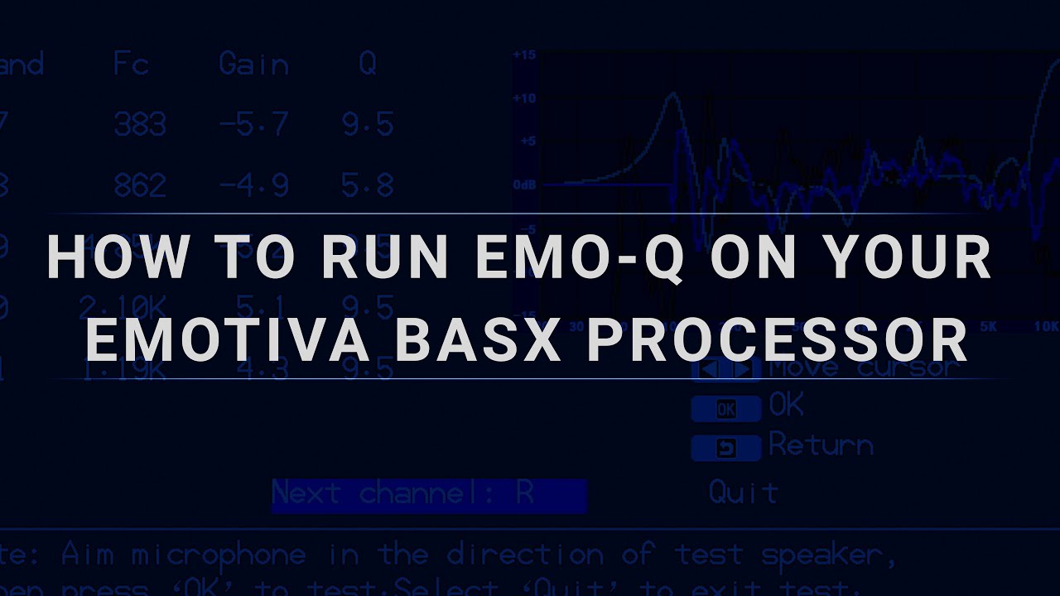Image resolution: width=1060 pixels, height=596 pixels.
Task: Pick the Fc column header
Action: coord(131,64)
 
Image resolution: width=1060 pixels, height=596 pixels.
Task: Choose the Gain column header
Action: coord(253,64)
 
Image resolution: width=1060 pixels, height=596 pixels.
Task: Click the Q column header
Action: coord(367,64)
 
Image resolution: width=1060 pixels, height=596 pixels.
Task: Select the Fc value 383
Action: coord(140,125)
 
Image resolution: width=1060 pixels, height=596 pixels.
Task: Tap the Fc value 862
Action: coord(140,185)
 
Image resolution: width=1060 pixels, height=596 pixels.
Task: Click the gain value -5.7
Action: coord(253,125)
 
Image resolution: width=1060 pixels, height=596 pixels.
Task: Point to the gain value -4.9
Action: coord(253,185)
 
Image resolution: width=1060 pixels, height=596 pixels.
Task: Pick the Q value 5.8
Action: coord(367,185)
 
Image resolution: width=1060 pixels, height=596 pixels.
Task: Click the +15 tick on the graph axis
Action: coord(524,55)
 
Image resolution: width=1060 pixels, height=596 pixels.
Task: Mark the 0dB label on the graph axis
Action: coord(523,184)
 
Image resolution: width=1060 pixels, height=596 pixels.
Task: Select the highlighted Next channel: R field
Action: coord(428,494)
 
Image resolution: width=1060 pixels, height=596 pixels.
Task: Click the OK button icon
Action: coord(725,409)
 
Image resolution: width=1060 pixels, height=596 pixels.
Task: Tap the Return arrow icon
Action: coord(725,448)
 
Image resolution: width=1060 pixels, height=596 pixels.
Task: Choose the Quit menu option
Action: coord(743,493)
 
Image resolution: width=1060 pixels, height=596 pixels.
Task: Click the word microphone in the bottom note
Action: coord(219,555)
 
